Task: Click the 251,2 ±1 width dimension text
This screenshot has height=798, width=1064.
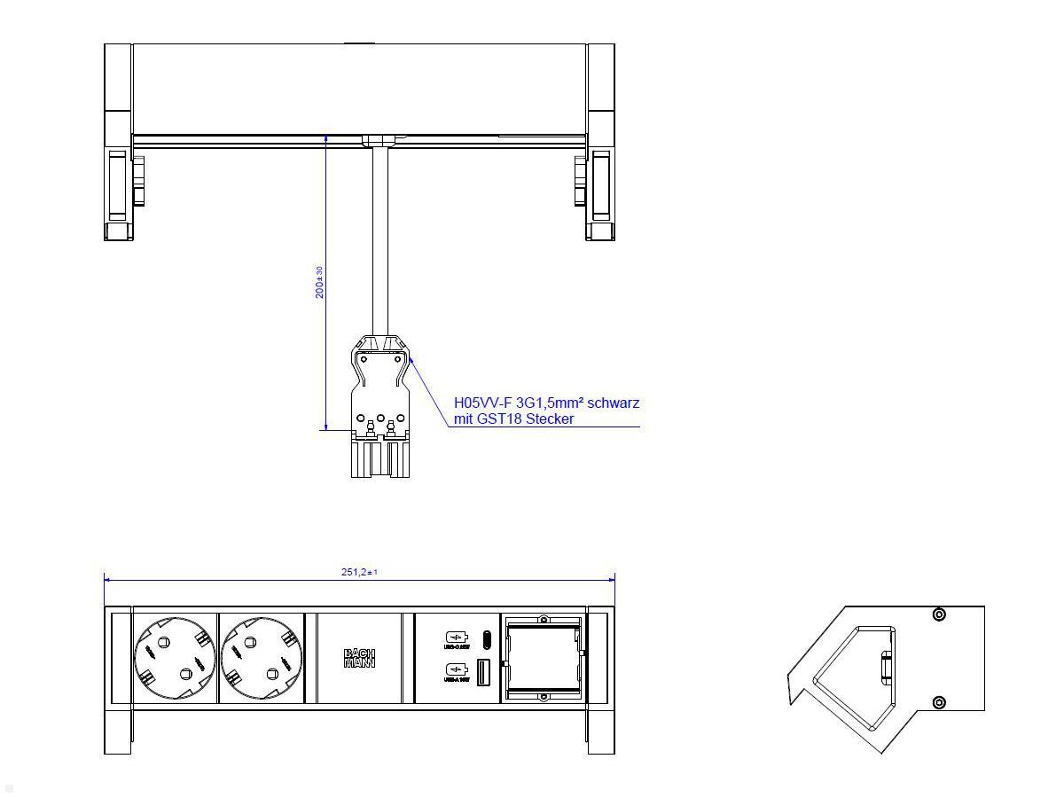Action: pos(359,573)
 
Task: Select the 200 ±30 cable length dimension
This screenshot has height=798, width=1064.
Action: pos(319,282)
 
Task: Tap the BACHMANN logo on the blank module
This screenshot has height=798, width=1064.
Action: pos(359,658)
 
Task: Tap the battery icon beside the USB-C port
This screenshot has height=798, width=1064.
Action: pos(455,638)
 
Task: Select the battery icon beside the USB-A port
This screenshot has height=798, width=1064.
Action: pos(455,671)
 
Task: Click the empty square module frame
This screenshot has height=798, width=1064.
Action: pos(543,658)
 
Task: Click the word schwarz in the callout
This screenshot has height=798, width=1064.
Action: pos(613,403)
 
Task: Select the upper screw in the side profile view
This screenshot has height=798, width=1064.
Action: pos(939,614)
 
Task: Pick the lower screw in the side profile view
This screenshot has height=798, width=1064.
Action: pos(939,703)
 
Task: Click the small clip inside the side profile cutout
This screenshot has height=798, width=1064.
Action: pos(885,666)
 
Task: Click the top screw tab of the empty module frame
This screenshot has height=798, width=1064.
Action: pos(544,617)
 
